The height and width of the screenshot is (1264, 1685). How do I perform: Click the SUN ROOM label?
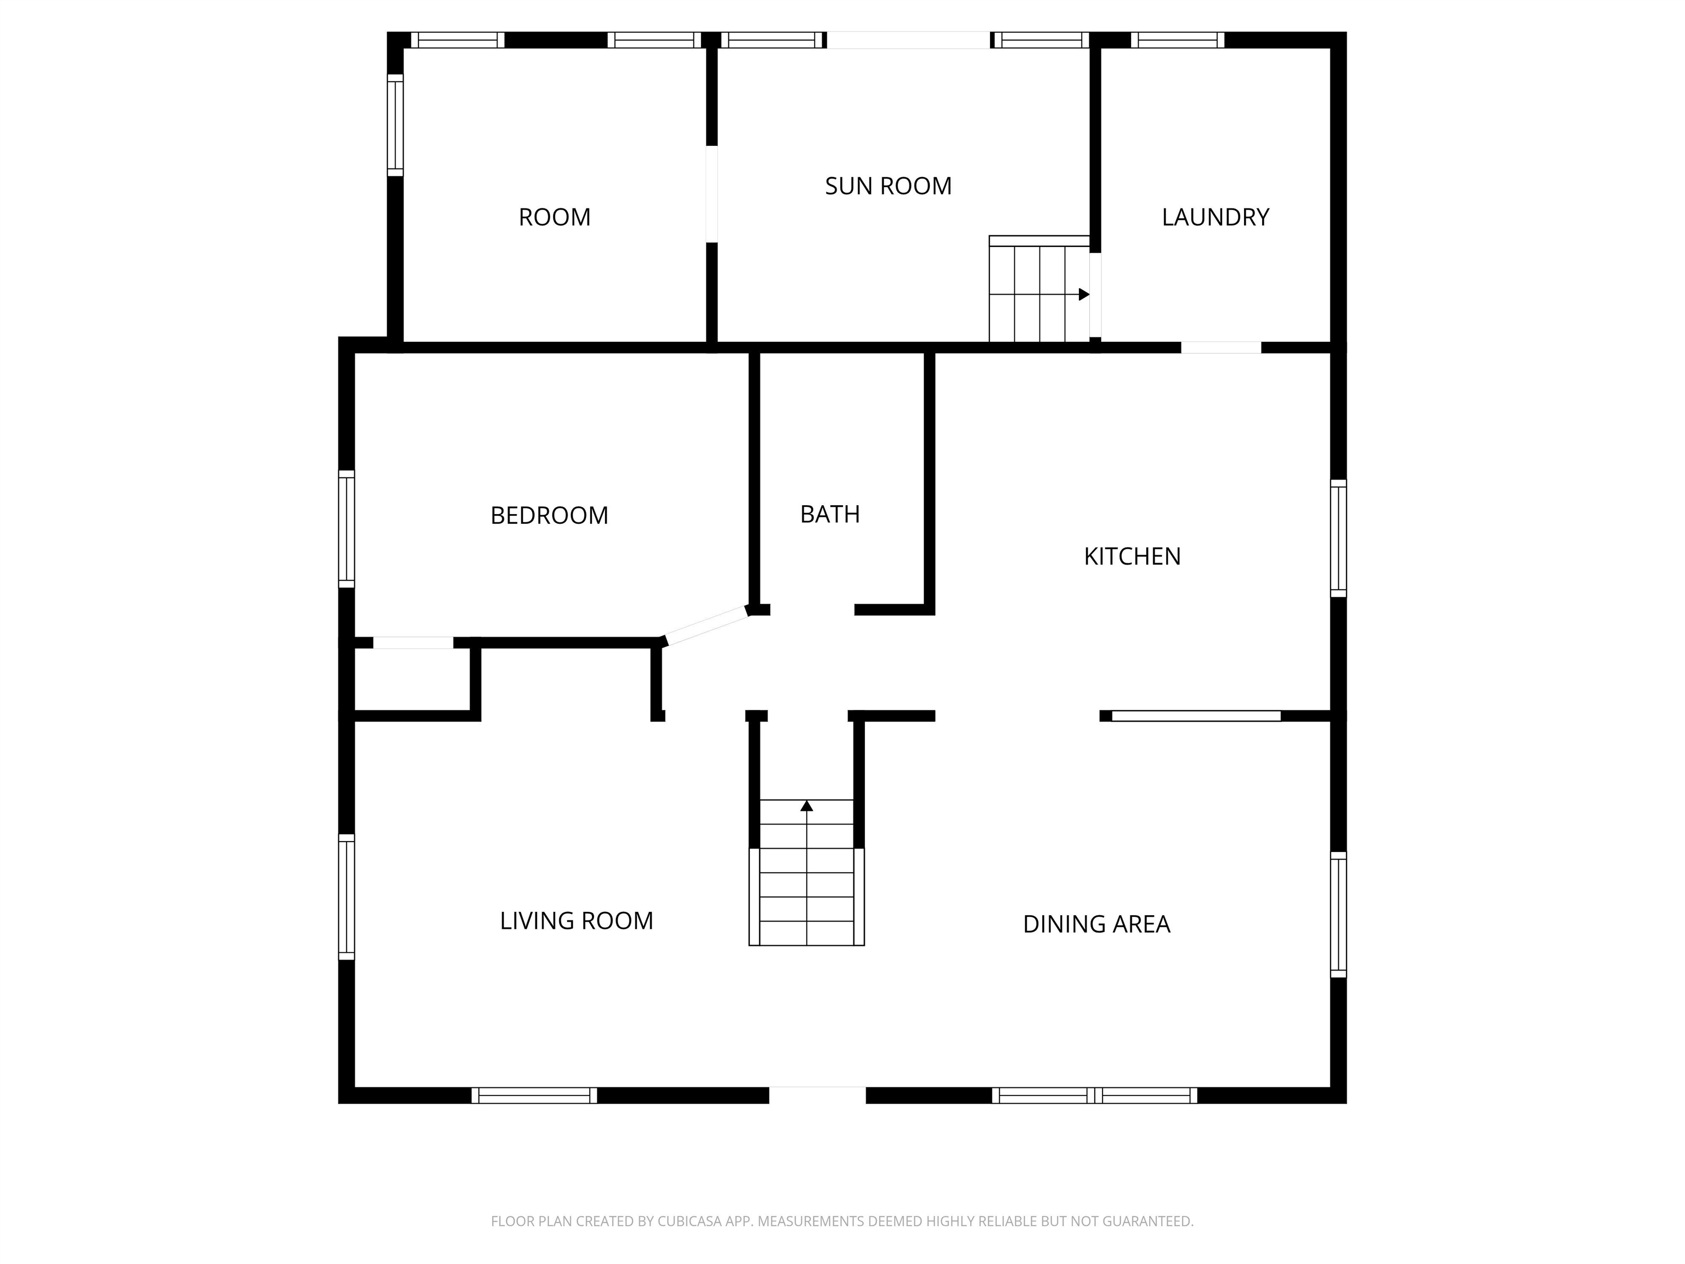(x=888, y=186)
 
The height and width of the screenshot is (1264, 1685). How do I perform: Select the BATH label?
(x=829, y=514)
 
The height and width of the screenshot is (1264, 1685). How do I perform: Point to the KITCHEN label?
(x=1132, y=556)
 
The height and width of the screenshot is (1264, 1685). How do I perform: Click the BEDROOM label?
(x=549, y=516)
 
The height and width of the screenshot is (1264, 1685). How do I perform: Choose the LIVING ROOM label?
(x=576, y=921)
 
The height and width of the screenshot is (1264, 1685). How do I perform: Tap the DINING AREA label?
(x=1096, y=924)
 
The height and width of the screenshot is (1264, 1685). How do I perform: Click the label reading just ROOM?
(x=555, y=217)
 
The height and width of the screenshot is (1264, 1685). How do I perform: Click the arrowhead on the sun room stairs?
(x=1084, y=295)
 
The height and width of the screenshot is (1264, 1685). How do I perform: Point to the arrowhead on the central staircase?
(x=807, y=805)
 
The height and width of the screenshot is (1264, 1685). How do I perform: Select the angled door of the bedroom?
(x=706, y=625)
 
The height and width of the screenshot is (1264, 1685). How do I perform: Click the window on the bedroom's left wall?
(x=347, y=529)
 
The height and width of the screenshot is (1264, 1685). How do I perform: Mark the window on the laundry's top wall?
(x=1178, y=39)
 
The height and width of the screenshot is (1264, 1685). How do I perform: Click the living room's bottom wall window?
(x=534, y=1096)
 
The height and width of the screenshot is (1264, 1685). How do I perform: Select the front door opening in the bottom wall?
(x=817, y=1095)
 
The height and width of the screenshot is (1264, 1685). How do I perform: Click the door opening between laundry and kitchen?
(x=1221, y=347)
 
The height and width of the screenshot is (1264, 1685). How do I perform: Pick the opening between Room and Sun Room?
(x=711, y=194)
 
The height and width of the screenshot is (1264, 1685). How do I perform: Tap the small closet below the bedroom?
(x=412, y=680)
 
